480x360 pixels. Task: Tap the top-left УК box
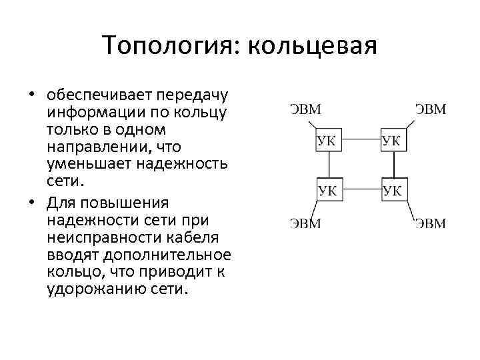(327, 141)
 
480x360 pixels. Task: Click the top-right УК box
(393, 141)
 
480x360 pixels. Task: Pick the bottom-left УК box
(327, 190)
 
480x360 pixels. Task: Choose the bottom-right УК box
(393, 190)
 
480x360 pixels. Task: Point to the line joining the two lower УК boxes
(360, 190)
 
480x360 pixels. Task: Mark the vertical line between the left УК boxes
(328, 165)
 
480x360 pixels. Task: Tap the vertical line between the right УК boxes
(393, 165)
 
